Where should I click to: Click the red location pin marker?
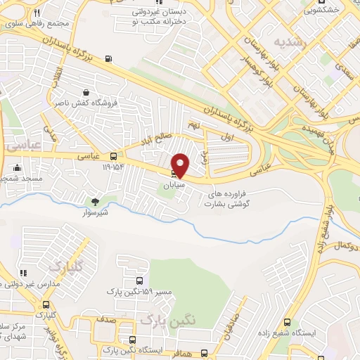point(181,165)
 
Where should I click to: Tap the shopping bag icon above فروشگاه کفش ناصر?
point(86,92)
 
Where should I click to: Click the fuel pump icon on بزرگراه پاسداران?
point(108,60)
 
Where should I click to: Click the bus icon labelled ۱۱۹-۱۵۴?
point(115,156)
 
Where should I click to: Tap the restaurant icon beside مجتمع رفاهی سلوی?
point(37,13)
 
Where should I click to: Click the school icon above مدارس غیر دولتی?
point(22,273)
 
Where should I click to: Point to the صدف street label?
point(108,319)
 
